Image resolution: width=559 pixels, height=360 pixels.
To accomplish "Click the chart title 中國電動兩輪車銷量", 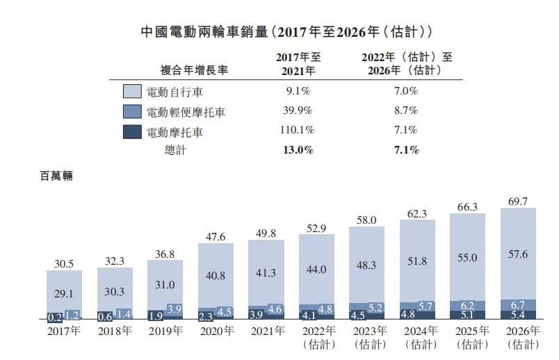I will click(x=202, y=32).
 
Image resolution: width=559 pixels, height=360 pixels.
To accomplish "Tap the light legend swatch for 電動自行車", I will click(x=132, y=92).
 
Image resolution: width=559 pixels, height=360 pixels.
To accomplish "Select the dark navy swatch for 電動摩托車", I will click(x=132, y=131).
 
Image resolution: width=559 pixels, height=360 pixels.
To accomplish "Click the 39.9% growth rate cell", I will click(x=298, y=111).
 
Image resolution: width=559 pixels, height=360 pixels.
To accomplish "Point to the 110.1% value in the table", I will click(x=298, y=130).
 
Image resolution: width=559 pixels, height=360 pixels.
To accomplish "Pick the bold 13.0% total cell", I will click(x=298, y=149).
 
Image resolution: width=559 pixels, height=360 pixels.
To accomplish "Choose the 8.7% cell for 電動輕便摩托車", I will click(x=405, y=111).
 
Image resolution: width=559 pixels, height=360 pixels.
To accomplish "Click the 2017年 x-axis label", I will click(x=65, y=331).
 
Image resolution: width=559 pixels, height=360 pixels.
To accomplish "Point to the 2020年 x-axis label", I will click(x=216, y=331).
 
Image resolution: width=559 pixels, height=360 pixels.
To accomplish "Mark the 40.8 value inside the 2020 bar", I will click(x=216, y=275).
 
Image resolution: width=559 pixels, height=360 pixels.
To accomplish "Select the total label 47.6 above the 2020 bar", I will click(x=216, y=236).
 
